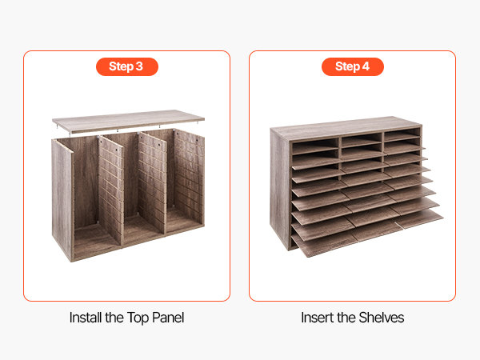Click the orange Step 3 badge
point(127,66)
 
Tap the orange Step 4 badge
point(353,66)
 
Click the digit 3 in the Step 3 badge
point(139,66)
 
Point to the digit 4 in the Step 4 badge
point(366,66)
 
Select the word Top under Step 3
point(138,318)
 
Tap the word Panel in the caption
point(168,318)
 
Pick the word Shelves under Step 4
point(382,318)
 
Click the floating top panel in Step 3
point(128,120)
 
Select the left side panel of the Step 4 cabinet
point(279,186)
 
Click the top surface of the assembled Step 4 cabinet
point(346,128)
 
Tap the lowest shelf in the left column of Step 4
point(325,244)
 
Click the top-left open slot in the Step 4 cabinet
point(315,147)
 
